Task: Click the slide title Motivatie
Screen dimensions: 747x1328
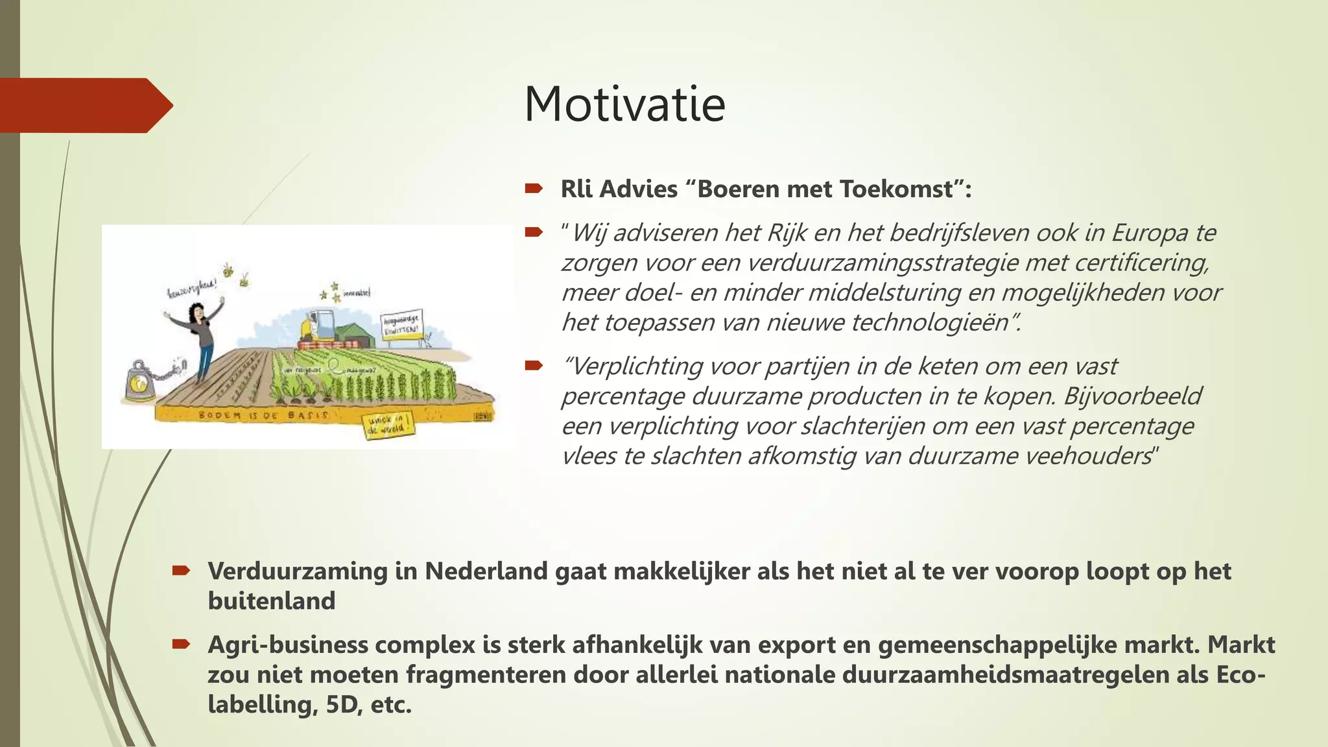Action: click(x=624, y=104)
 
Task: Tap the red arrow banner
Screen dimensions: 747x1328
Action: click(x=84, y=105)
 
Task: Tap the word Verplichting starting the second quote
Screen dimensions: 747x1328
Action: click(x=635, y=366)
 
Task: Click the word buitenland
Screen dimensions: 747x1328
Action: click(x=271, y=601)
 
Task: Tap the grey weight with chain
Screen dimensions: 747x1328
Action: click(x=140, y=383)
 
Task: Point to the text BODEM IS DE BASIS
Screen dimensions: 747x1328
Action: click(x=263, y=415)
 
